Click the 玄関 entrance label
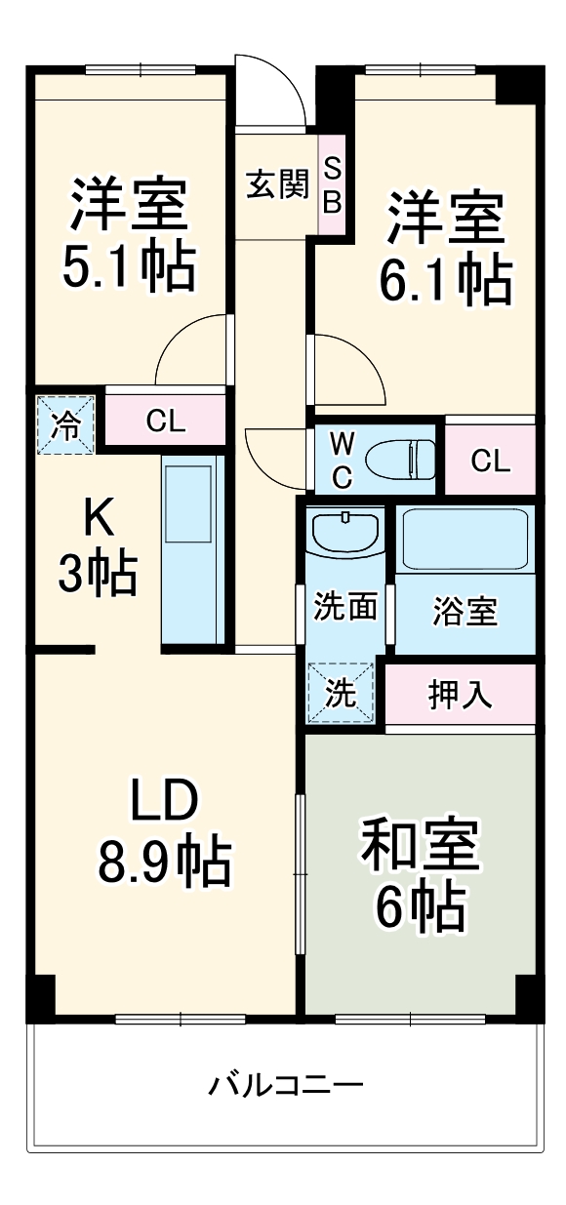pyautogui.click(x=277, y=184)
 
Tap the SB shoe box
pyautogui.click(x=332, y=184)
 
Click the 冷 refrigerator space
pyautogui.click(x=66, y=424)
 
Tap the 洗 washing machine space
pyautogui.click(x=341, y=693)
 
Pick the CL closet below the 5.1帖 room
pyautogui.click(x=165, y=422)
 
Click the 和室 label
pyautogui.click(x=420, y=845)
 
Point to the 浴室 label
pyautogui.click(x=465, y=613)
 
